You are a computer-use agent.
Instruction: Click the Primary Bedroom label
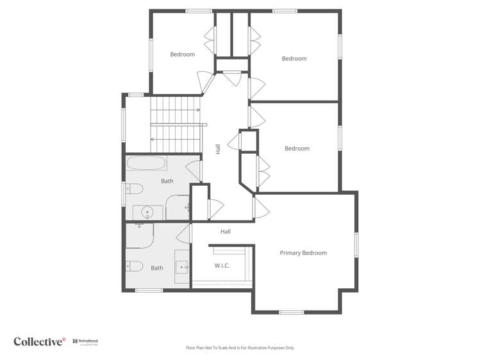[x=303, y=253]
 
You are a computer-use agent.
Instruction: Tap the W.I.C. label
[x=222, y=265]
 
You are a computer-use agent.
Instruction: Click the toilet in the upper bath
[x=133, y=188]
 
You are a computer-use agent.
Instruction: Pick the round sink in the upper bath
[x=147, y=211]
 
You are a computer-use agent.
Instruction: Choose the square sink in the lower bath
[x=182, y=266]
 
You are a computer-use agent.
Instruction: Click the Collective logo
[x=40, y=341]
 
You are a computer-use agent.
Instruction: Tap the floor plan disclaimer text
[x=240, y=348]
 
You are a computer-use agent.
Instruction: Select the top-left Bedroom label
[x=182, y=54]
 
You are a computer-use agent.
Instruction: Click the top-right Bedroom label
[x=294, y=59]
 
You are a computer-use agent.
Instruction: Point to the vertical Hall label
[x=218, y=149]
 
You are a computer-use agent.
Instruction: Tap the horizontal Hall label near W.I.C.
[x=225, y=232]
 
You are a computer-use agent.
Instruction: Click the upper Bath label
[x=167, y=181]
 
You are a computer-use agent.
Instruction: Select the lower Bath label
[x=157, y=268]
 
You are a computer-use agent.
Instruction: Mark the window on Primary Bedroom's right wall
[x=356, y=245]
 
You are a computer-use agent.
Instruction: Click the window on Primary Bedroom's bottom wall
[x=291, y=312]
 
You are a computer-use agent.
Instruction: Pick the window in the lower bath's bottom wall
[x=149, y=290]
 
